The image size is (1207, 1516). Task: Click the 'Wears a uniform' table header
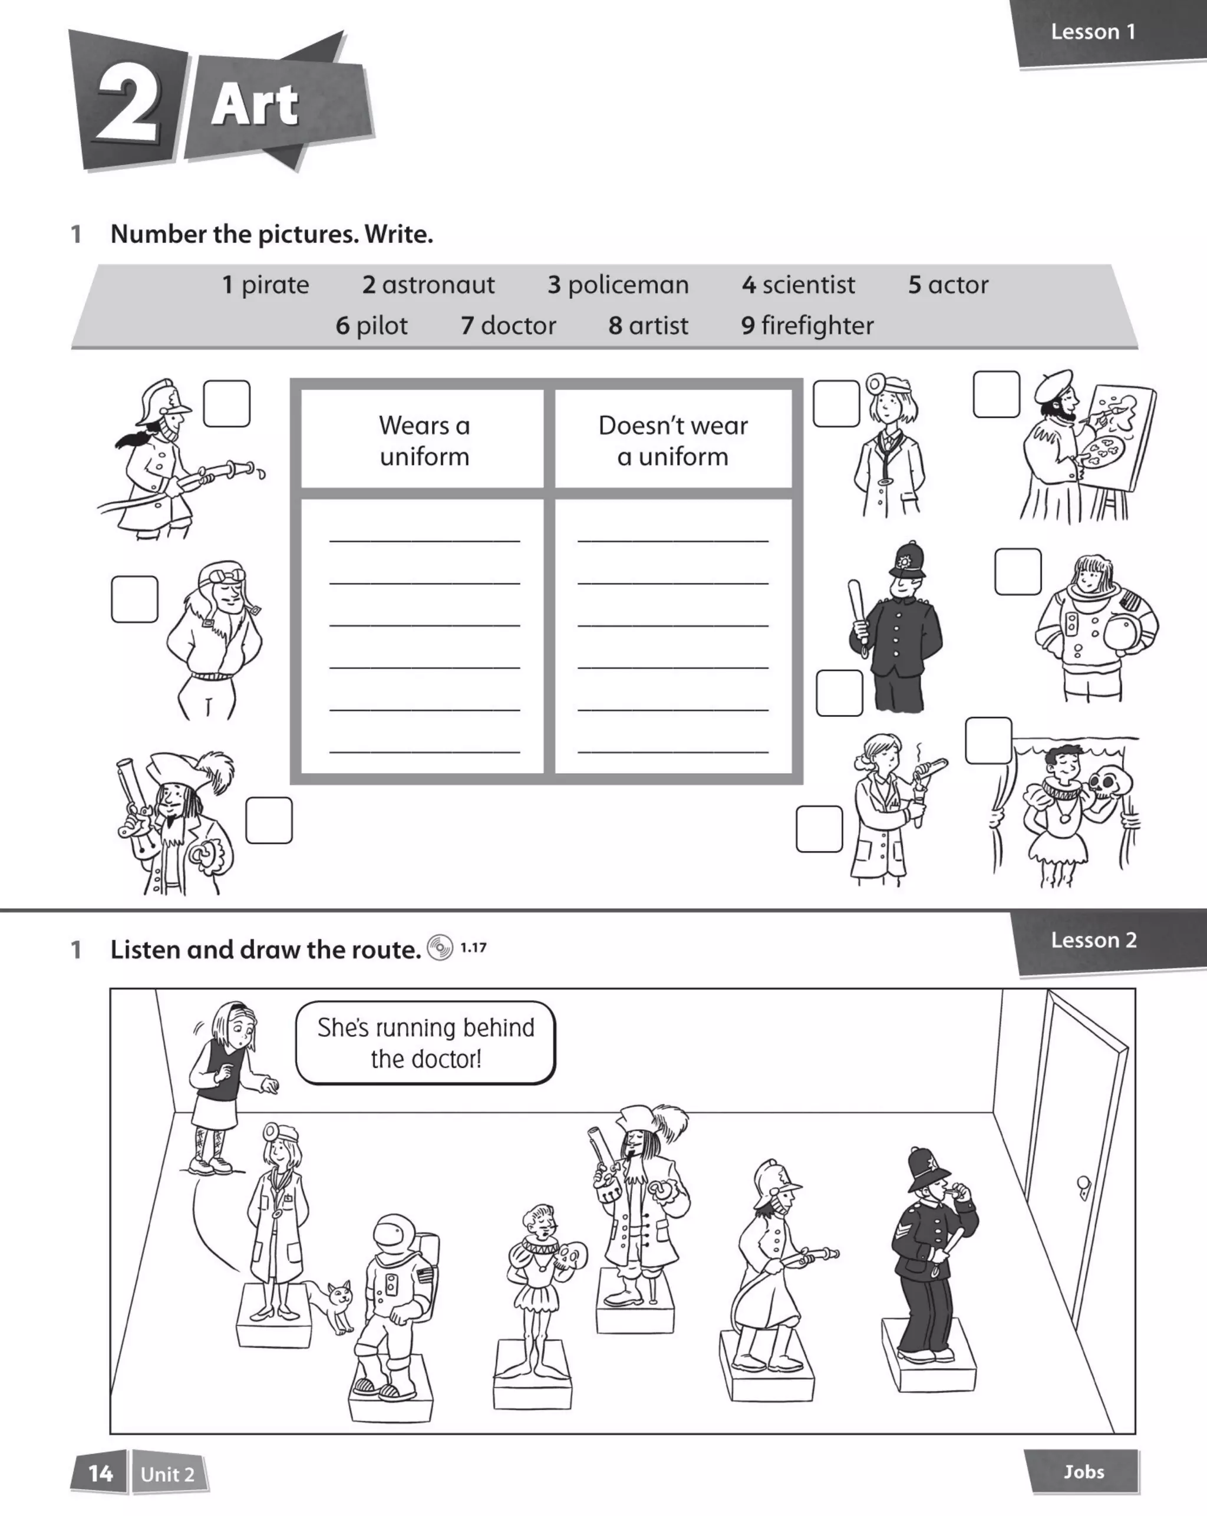click(x=424, y=441)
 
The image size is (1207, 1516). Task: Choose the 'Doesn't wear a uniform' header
click(x=672, y=441)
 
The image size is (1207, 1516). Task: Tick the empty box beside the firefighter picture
click(x=226, y=404)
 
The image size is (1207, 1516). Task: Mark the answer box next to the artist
click(x=996, y=394)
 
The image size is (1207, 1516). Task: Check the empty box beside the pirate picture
click(x=269, y=820)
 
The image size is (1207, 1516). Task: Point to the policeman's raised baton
click(x=857, y=604)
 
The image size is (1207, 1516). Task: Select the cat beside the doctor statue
click(x=334, y=1301)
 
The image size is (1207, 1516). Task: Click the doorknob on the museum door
click(x=1083, y=1184)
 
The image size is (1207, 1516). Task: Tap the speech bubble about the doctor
click(x=426, y=1043)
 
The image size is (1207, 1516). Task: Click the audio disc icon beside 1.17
click(x=440, y=948)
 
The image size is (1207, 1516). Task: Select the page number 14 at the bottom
click(x=100, y=1473)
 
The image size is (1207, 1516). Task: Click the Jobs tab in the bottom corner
click(x=1083, y=1471)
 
